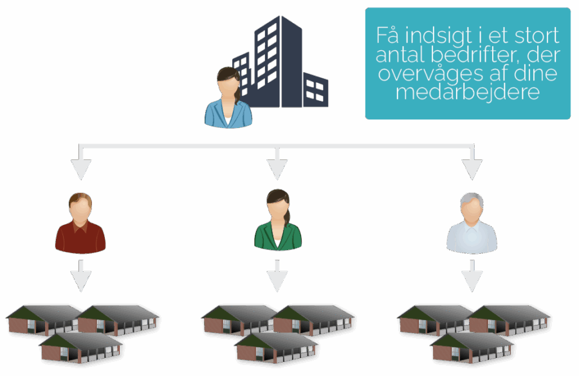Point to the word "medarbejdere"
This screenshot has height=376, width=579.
pyautogui.click(x=468, y=93)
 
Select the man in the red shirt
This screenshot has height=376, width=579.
pyautogui.click(x=80, y=223)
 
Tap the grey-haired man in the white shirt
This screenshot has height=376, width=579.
pyautogui.click(x=472, y=224)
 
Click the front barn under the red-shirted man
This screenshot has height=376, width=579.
pyautogui.click(x=80, y=347)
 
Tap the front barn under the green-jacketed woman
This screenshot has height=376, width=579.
pyautogui.click(x=276, y=347)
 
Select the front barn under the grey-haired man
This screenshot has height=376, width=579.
pyautogui.click(x=472, y=347)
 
